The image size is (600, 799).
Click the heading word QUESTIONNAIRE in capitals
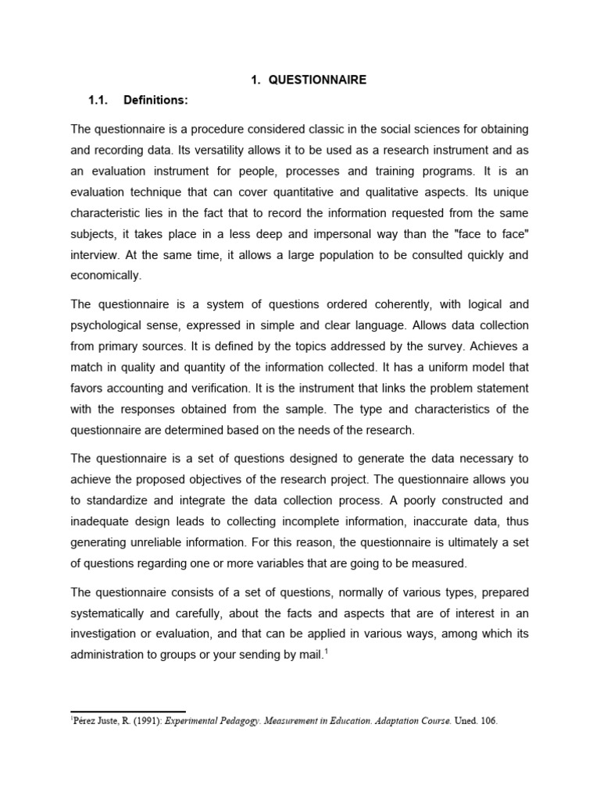[317, 80]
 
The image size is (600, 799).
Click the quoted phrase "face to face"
[478, 233]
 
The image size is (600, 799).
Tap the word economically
[106, 275]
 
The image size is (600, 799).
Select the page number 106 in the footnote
[487, 722]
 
